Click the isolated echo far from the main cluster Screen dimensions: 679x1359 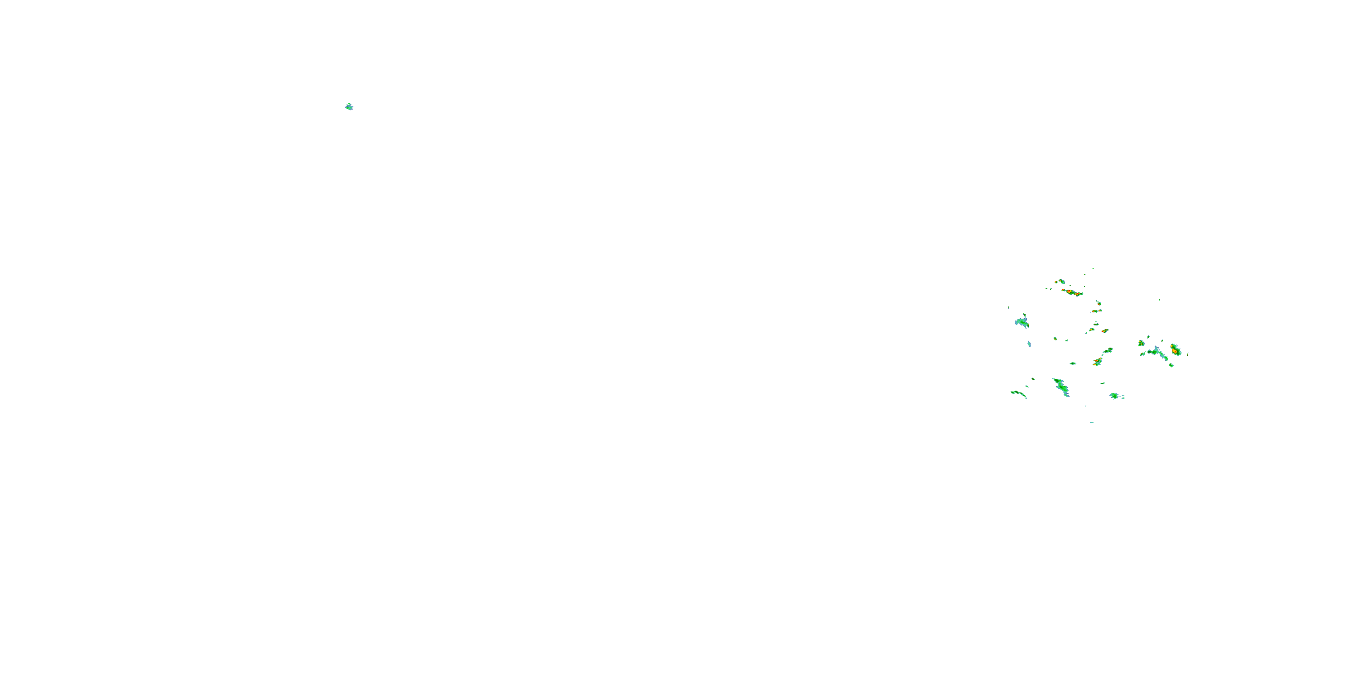coord(349,107)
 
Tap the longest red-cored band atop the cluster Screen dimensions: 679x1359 coord(1073,292)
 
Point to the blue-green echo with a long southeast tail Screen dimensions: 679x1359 coord(1158,352)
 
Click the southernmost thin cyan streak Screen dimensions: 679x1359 coord(1094,422)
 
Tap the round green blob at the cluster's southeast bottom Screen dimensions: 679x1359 coord(1115,396)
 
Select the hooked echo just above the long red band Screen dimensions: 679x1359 coord(1061,282)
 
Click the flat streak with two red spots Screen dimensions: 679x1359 coord(1096,311)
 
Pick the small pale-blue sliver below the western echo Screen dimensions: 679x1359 coord(1029,344)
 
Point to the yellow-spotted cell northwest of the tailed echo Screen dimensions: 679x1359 coord(1141,343)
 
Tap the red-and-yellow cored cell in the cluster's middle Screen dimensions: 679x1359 coord(1098,362)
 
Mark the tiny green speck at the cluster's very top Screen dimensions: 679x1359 coord(1093,268)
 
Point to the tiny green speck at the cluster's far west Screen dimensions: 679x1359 coord(1009,307)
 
